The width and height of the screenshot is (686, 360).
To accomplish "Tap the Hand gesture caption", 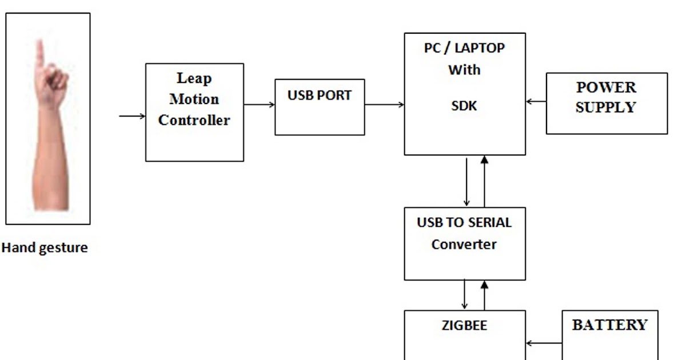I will coord(45,248).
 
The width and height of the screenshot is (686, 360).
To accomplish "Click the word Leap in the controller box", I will coord(194,78).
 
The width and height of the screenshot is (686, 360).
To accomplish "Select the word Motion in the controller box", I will coord(194,99).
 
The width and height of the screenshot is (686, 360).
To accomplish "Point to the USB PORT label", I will coord(320,95).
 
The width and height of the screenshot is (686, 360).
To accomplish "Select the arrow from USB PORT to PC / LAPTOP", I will coord(384,105).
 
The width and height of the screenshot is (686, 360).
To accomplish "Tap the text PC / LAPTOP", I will coord(464,48).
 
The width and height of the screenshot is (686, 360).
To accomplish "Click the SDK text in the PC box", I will coord(464,106).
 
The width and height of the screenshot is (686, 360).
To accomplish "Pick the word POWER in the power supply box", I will coord(606,87).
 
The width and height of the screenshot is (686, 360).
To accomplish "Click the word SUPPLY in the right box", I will coord(605,107).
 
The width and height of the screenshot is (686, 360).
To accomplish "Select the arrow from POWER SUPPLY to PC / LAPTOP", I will coord(536,102).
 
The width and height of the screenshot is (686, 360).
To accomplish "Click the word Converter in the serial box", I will coord(464,245).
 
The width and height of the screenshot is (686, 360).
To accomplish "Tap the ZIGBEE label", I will coord(464,326).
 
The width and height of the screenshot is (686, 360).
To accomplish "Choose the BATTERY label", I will coord(609,325).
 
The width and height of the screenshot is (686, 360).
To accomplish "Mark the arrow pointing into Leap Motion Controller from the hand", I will coord(132,117).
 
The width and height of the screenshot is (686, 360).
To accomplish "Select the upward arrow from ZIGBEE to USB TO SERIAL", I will coord(485,295).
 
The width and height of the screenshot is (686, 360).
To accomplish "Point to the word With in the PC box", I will coord(464,70).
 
